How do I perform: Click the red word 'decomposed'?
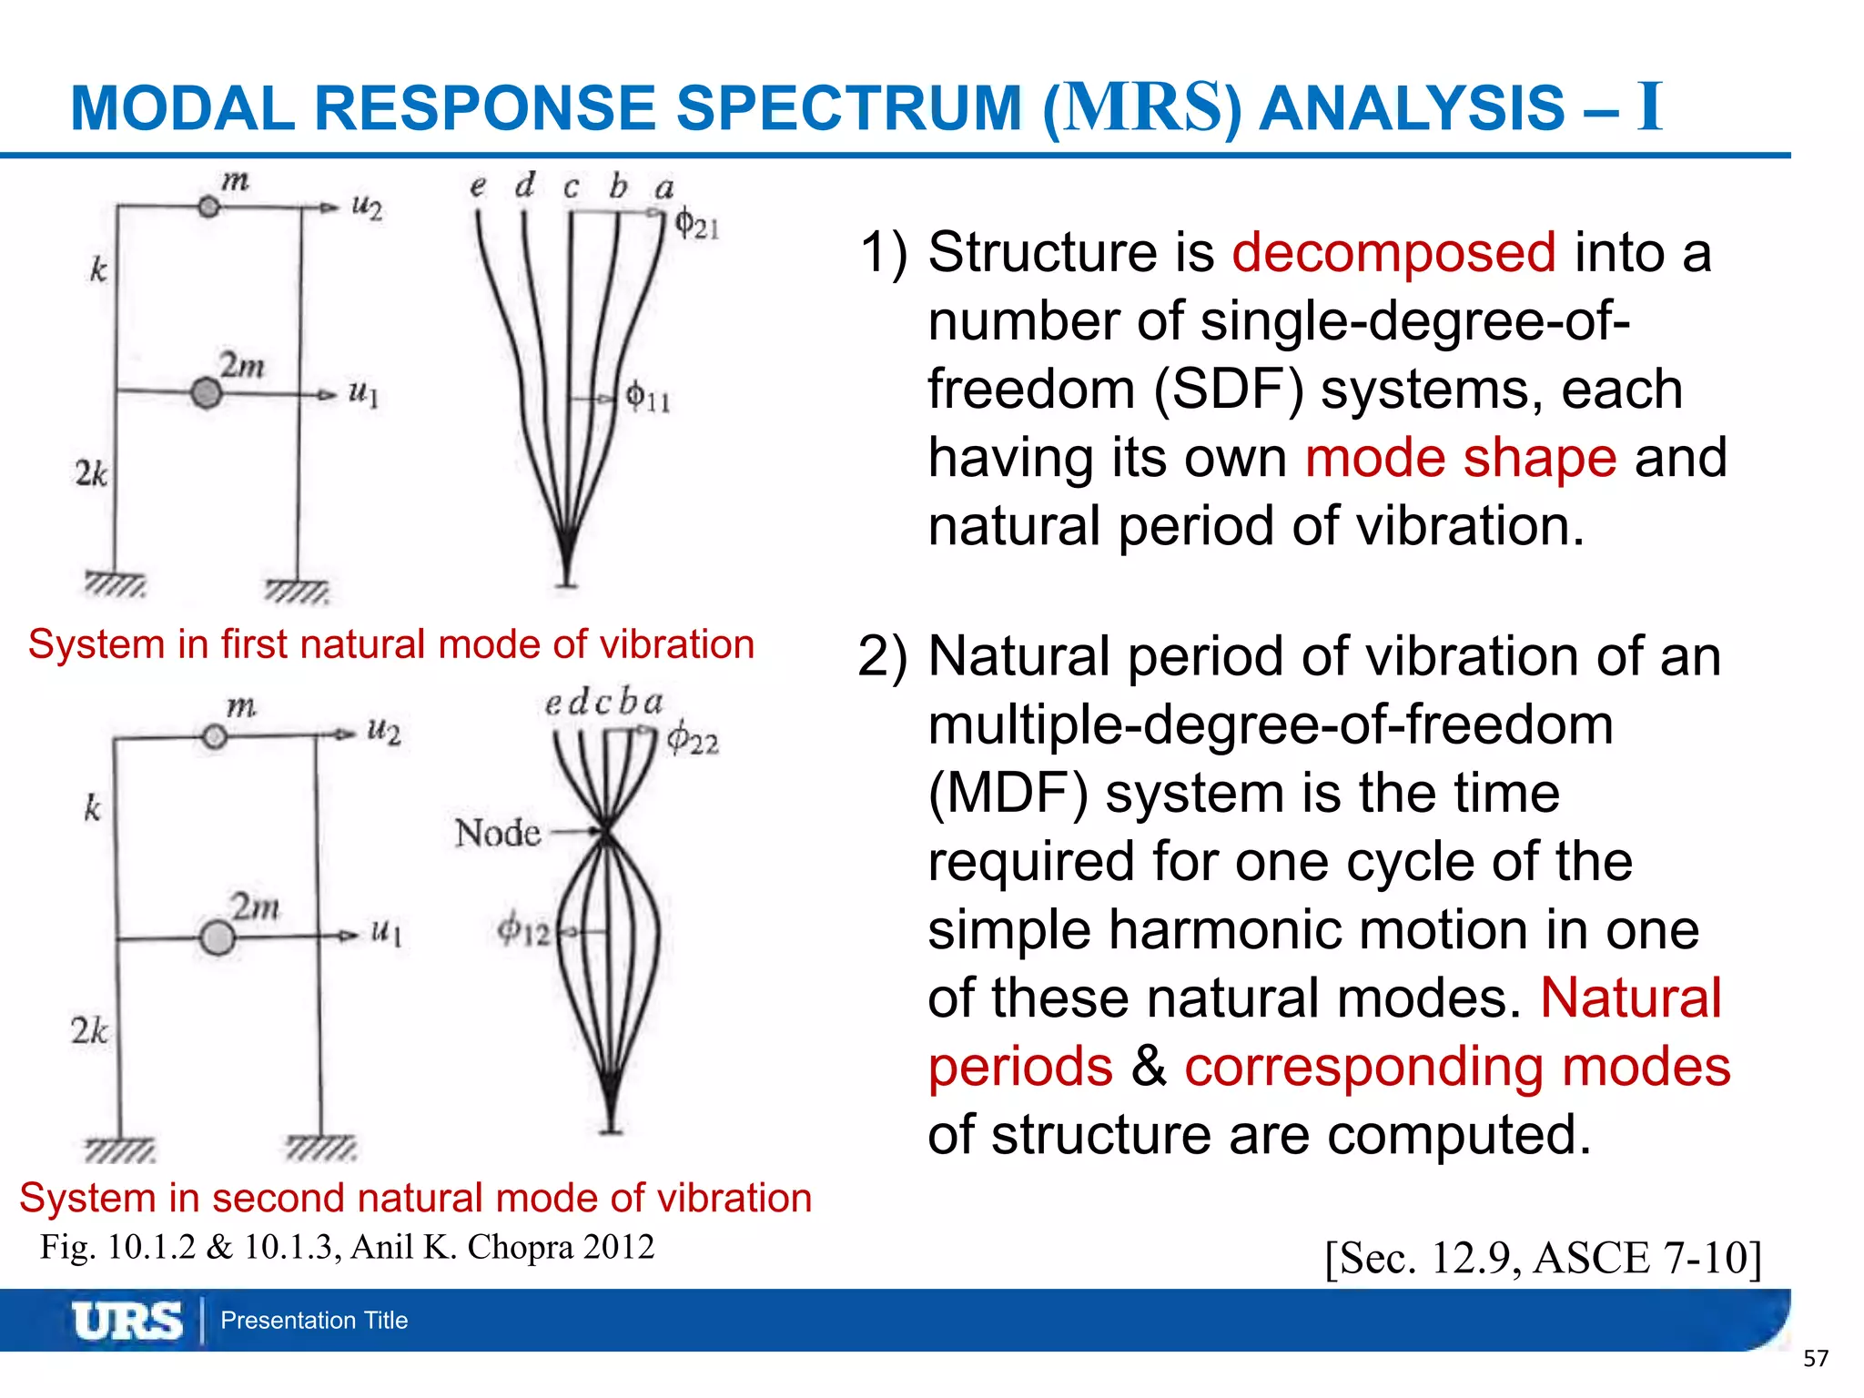point(1393,252)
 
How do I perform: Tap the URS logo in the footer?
point(127,1321)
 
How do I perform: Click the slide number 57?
point(1815,1359)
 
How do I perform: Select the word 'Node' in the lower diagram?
point(498,833)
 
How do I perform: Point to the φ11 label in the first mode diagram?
point(648,397)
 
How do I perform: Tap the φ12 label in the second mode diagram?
point(523,930)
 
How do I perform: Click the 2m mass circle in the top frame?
point(207,393)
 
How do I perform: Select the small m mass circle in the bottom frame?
point(215,736)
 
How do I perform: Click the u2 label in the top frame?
point(367,207)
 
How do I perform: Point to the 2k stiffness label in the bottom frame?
point(89,1031)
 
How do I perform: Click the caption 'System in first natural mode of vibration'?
point(391,644)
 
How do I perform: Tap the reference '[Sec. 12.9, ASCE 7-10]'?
point(1544,1258)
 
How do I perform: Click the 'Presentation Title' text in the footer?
point(314,1321)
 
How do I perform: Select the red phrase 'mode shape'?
point(1461,457)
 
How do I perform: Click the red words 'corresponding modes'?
point(1456,1067)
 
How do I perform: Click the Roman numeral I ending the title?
point(1648,107)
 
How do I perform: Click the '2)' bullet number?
point(882,657)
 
